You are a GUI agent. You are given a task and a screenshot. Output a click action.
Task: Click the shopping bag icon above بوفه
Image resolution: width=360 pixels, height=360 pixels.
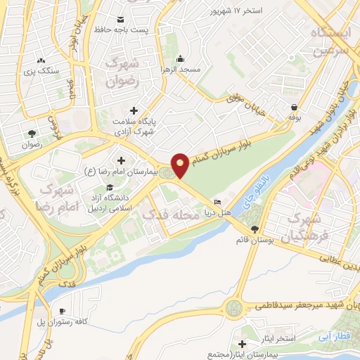[293, 108]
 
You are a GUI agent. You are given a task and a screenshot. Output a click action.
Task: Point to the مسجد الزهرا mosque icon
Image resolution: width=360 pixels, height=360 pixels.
[181, 58]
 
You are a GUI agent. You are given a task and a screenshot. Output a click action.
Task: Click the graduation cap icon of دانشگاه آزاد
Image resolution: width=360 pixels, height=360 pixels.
[109, 187]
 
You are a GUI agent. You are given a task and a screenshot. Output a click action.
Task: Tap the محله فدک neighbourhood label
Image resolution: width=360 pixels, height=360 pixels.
[171, 216]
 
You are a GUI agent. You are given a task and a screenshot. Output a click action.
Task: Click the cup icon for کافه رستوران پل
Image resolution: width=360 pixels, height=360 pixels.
[62, 311]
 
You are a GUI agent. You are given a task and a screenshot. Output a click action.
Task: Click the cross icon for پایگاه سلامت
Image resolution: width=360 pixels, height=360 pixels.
[134, 110]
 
